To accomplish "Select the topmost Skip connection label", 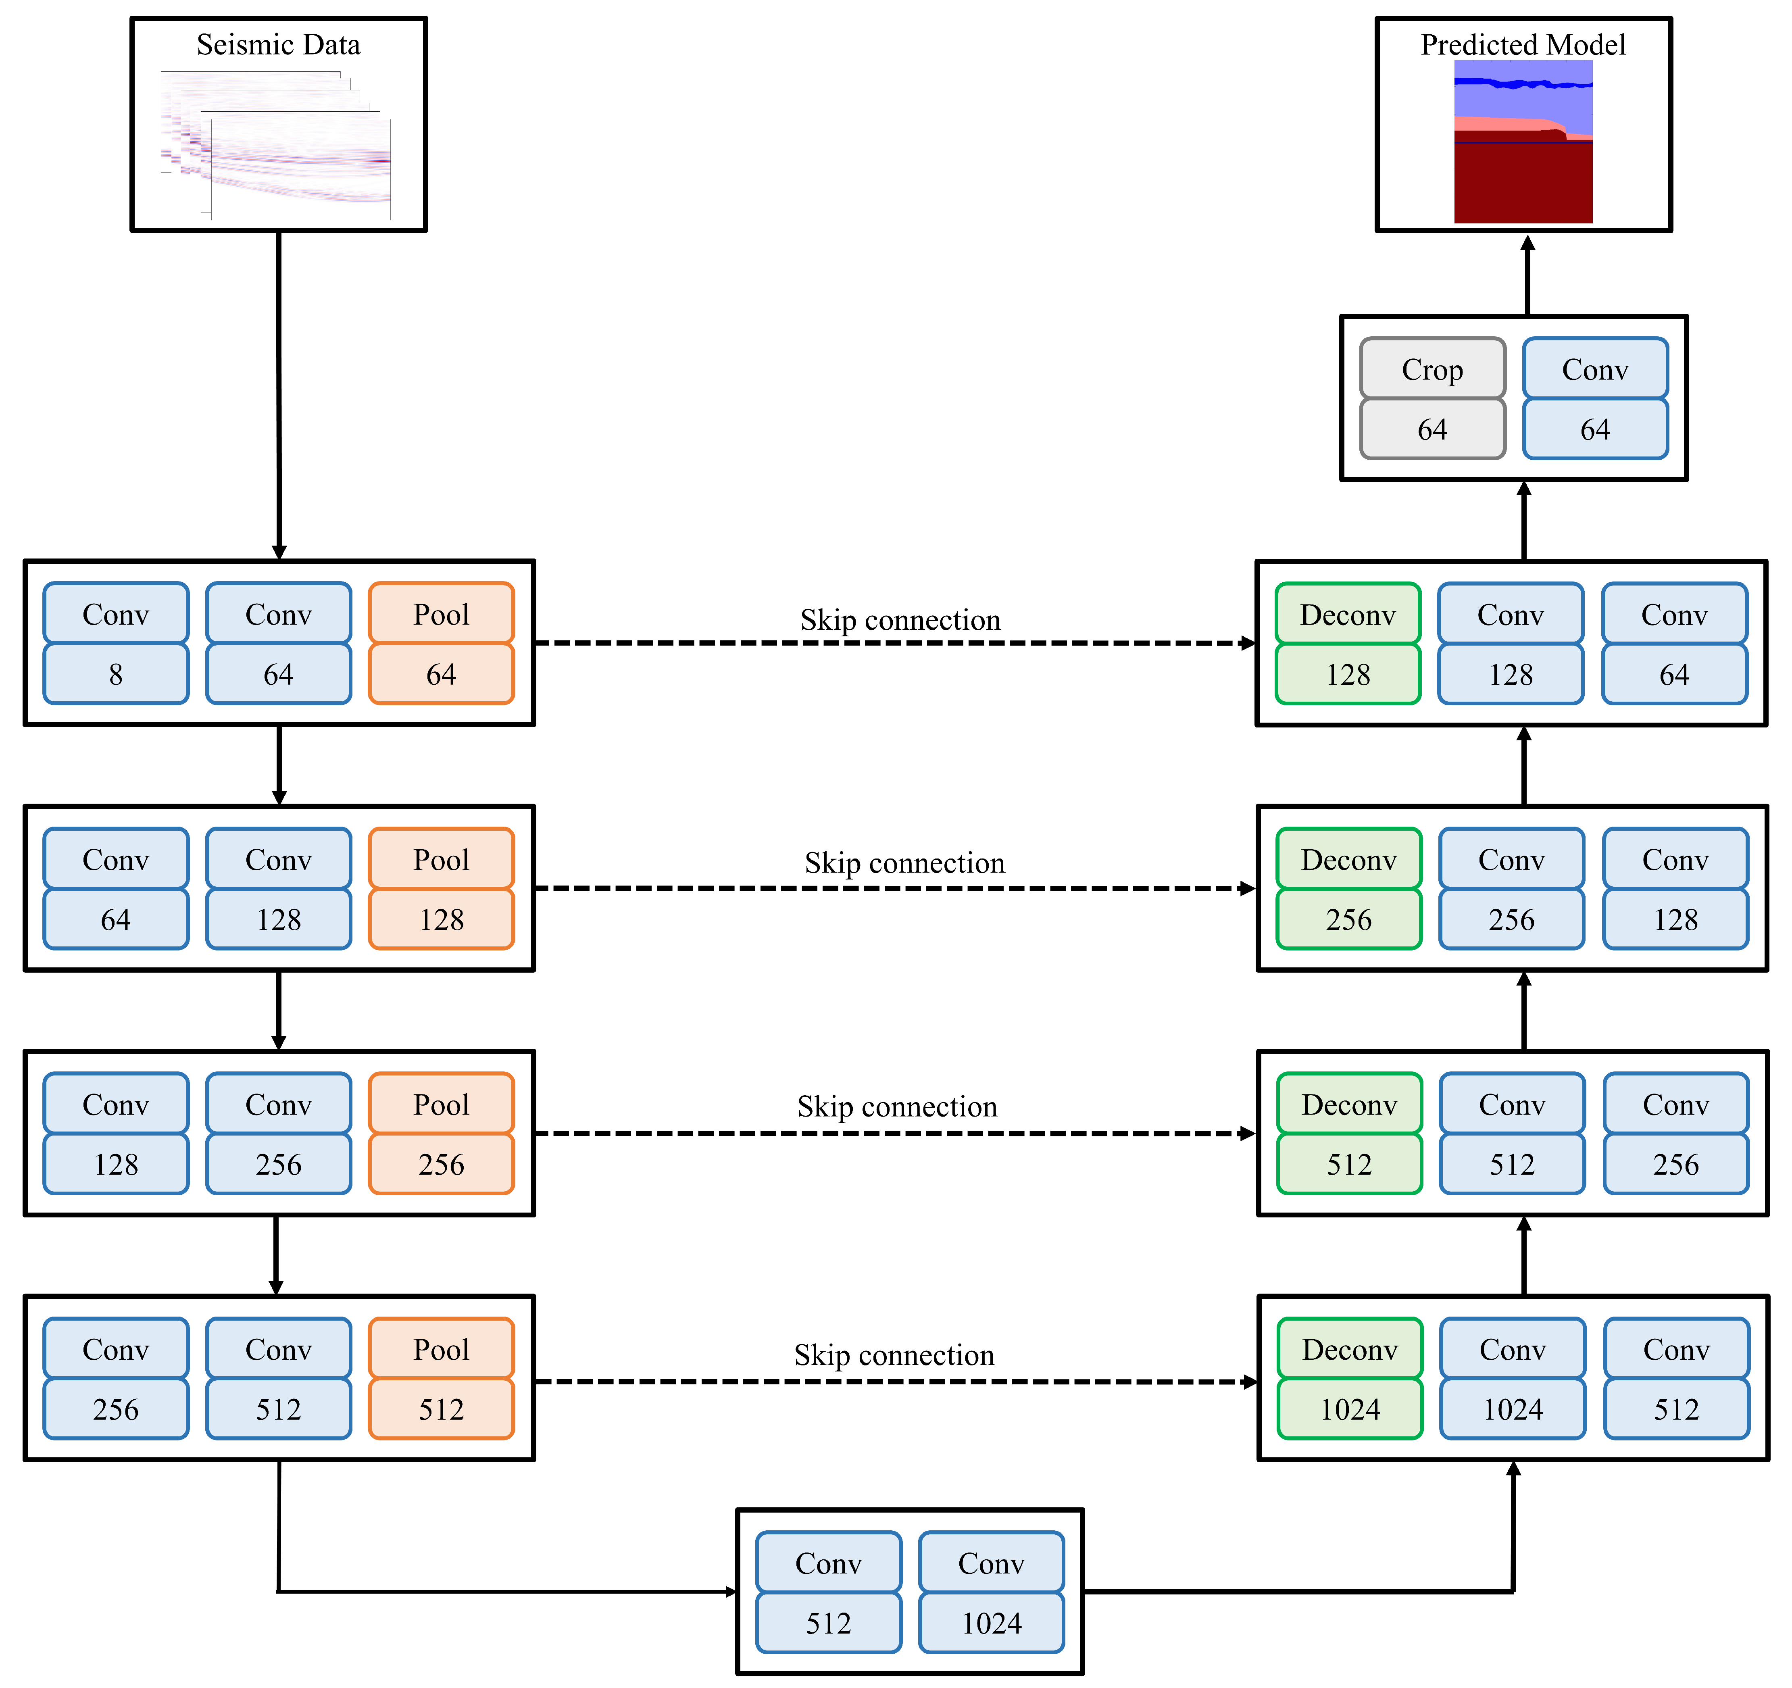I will [900, 620].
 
